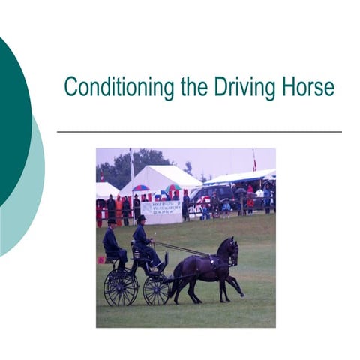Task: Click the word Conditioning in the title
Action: coord(120,87)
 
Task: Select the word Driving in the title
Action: coord(241,87)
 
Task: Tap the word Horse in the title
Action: coord(306,87)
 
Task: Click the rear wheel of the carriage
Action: coord(120,287)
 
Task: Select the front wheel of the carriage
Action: coord(157,289)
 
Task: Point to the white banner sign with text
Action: coord(160,208)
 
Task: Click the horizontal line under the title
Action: coord(199,132)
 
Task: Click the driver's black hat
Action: coord(140,218)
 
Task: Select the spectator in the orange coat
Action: coord(118,210)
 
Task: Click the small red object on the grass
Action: coord(100,259)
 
